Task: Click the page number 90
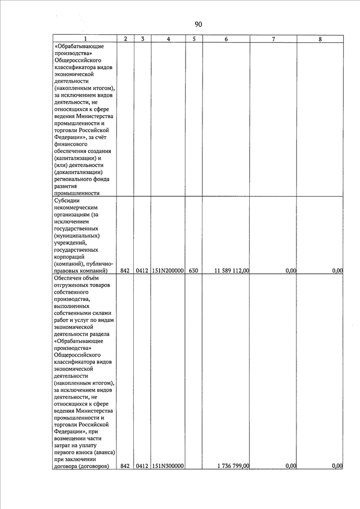(198, 24)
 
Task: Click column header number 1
(85, 39)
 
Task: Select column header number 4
(169, 39)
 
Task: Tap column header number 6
(226, 39)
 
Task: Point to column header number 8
(319, 39)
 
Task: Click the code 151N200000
(169, 271)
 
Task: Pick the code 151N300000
(169, 466)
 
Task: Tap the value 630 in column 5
(193, 271)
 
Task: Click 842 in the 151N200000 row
(125, 271)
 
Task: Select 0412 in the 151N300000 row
(142, 466)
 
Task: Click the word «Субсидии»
(67, 200)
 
